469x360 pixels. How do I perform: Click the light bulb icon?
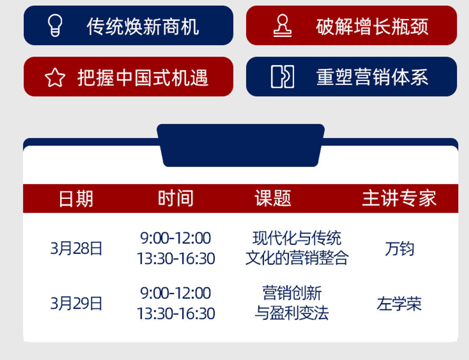pyautogui.click(x=55, y=25)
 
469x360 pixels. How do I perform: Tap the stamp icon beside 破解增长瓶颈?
pyautogui.click(x=283, y=25)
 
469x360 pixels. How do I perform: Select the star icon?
pyautogui.click(x=55, y=77)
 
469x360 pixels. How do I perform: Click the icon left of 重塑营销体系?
pyautogui.click(x=283, y=77)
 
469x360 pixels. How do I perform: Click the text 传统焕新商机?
pyautogui.click(x=143, y=26)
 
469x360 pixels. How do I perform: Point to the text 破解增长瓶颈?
pyautogui.click(x=372, y=26)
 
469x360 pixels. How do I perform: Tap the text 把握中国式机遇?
pyautogui.click(x=143, y=78)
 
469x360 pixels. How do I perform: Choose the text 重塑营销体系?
pyautogui.click(x=372, y=77)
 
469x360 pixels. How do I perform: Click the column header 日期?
pyautogui.click(x=76, y=199)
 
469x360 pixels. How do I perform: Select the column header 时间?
pyautogui.click(x=175, y=198)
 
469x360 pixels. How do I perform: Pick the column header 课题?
pyautogui.click(x=273, y=198)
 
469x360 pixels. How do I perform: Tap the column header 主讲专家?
pyautogui.click(x=399, y=198)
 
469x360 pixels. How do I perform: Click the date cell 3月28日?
pyautogui.click(x=76, y=248)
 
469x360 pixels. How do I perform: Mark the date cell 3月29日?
pyautogui.click(x=76, y=303)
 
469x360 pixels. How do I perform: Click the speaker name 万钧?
pyautogui.click(x=399, y=248)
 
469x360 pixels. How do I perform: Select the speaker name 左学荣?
pyautogui.click(x=399, y=303)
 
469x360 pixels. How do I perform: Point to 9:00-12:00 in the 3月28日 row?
pyautogui.click(x=175, y=238)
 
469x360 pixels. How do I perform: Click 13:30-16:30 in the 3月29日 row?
pyautogui.click(x=176, y=313)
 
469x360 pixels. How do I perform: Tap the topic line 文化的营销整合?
pyautogui.click(x=297, y=258)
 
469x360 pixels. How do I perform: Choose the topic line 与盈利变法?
pyautogui.click(x=292, y=313)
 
